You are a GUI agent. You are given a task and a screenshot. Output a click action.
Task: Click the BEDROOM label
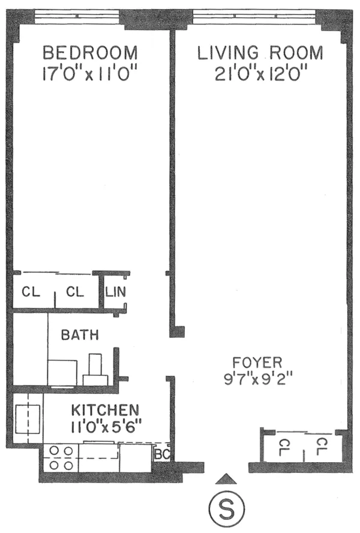click(90, 53)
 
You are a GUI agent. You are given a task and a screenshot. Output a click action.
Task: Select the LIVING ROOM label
click(260, 53)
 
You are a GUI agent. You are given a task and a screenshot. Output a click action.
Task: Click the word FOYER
click(257, 363)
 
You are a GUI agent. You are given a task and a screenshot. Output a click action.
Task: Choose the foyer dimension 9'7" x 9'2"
click(257, 379)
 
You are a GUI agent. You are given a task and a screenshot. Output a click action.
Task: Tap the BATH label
click(80, 336)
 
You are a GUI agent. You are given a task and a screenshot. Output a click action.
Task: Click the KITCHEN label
click(105, 411)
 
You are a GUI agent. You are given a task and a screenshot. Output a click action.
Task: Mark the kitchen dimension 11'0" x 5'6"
click(105, 427)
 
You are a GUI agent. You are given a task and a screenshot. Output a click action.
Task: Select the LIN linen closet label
click(115, 293)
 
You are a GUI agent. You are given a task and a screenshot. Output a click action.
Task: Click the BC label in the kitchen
click(161, 454)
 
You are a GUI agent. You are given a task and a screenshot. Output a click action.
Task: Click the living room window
click(258, 14)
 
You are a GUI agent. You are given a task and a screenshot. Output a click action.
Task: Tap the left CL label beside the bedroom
click(31, 293)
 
